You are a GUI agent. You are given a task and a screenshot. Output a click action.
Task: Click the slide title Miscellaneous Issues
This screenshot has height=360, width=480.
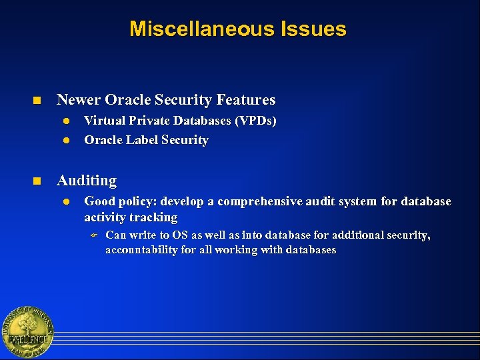point(238,29)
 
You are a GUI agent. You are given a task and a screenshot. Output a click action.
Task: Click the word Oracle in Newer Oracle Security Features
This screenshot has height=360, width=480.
point(128,100)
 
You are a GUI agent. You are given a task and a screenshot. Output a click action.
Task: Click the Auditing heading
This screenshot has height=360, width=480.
point(87,181)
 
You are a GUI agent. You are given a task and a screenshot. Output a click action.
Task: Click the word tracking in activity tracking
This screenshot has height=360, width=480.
point(154,217)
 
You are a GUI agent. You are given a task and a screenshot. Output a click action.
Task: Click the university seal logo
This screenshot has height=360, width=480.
point(27,331)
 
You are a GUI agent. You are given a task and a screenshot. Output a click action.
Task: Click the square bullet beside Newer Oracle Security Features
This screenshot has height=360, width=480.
point(38,101)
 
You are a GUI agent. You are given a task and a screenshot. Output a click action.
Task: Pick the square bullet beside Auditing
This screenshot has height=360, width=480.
point(38,181)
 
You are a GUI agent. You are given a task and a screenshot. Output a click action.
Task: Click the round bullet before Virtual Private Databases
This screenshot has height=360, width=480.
point(66,121)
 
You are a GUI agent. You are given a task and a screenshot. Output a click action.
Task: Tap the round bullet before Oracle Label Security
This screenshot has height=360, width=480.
point(66,141)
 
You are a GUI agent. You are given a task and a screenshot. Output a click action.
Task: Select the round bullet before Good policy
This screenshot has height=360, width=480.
point(66,201)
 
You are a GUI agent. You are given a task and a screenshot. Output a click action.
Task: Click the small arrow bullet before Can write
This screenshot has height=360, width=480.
point(94,235)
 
